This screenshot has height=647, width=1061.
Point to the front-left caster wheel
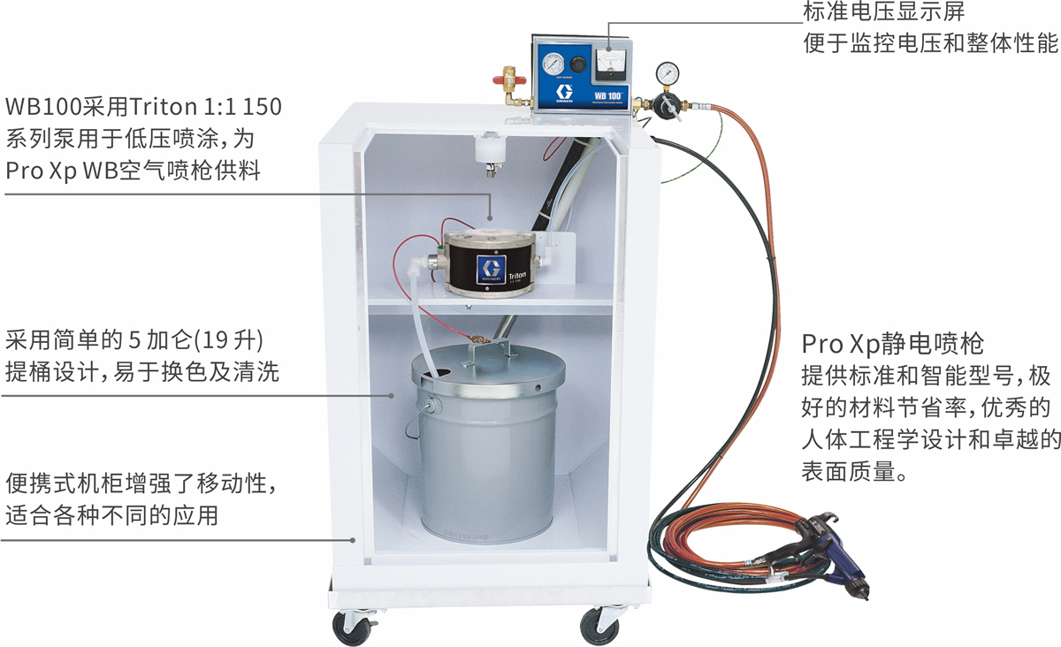click(x=352, y=628)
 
